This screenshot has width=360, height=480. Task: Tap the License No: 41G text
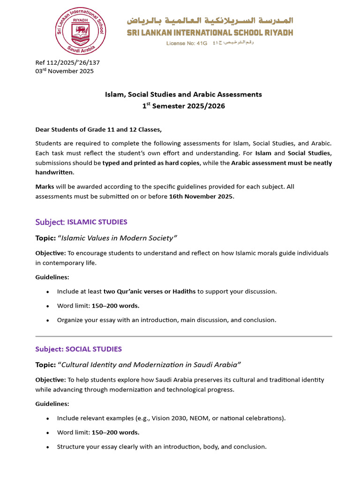(187, 43)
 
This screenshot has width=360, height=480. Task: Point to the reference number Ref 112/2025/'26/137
(67, 62)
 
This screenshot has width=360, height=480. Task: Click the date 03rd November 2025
(64, 71)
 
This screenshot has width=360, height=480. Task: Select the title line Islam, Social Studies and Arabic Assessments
(183, 94)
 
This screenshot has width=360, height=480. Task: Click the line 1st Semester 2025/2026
(183, 106)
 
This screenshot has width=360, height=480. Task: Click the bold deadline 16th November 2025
(201, 196)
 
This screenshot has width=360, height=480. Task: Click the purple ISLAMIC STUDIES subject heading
(97, 222)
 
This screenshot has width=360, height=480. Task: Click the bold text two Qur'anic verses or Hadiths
(150, 291)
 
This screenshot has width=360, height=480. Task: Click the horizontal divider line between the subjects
(183, 336)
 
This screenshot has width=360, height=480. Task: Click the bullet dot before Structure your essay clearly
(48, 447)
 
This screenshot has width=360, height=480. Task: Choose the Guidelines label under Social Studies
(52, 404)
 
